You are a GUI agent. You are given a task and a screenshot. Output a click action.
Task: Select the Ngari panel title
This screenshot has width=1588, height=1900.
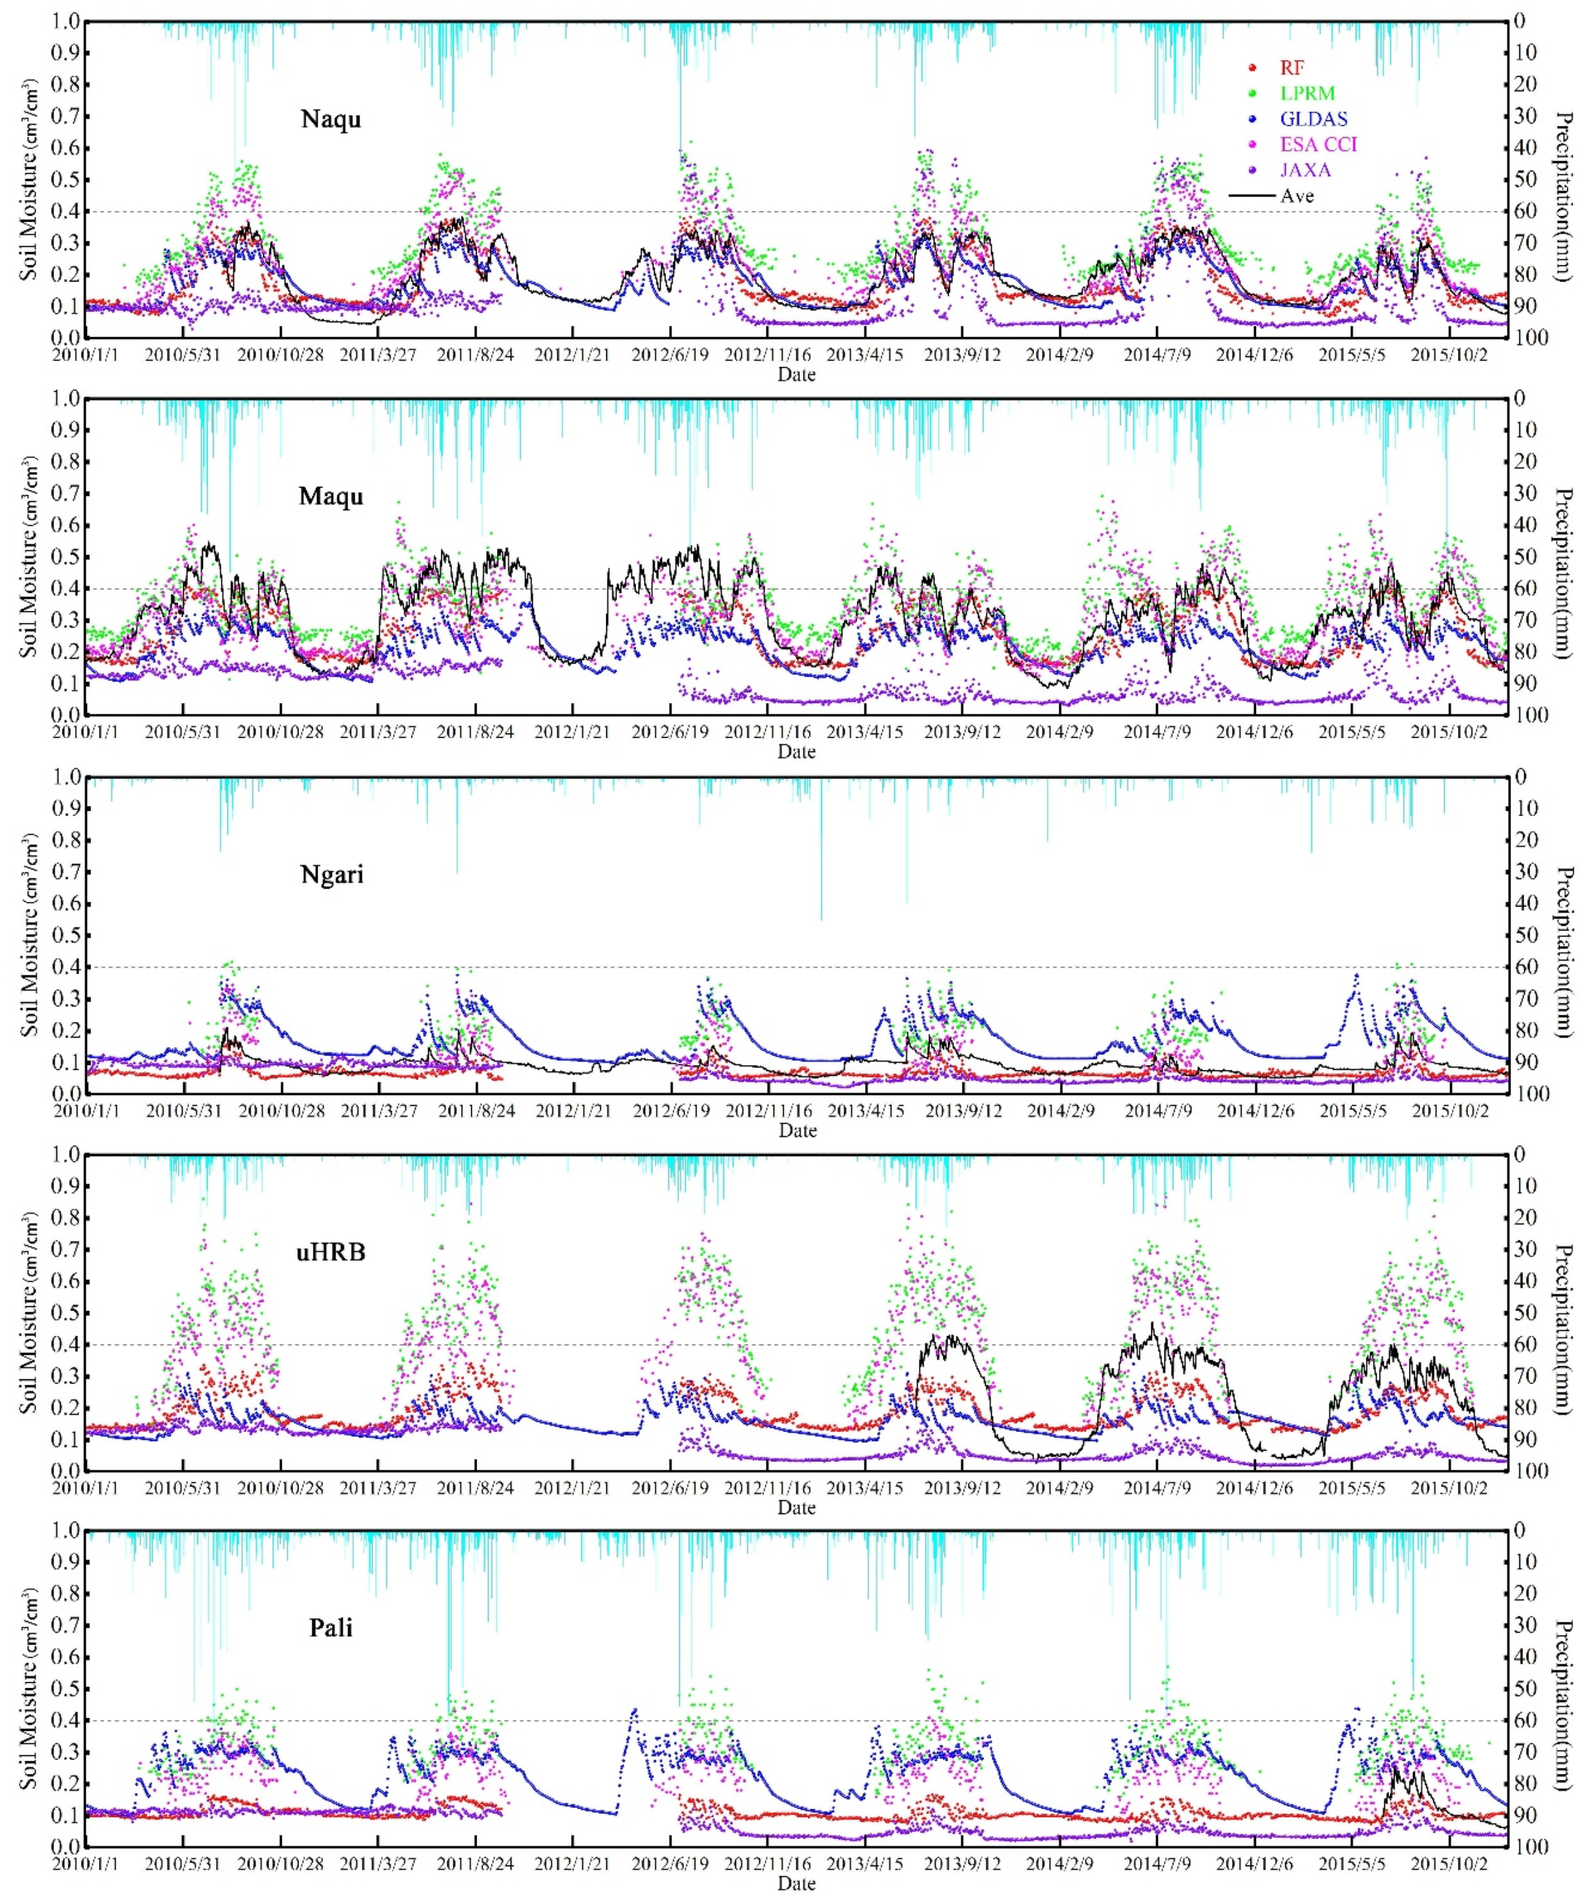pos(331,875)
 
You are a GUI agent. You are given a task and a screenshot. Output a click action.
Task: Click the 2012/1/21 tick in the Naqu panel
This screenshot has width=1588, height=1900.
pos(572,355)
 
